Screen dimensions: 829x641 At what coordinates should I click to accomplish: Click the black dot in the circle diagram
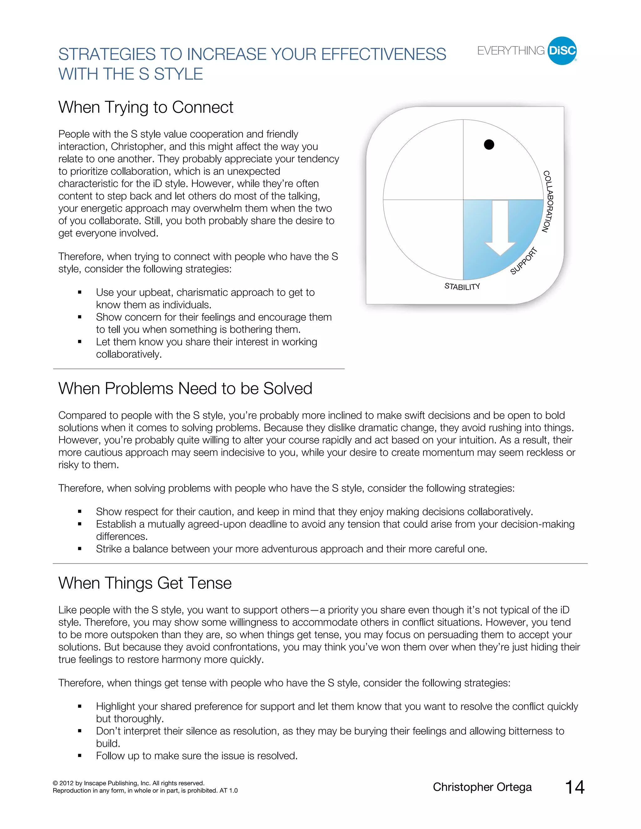tap(489, 145)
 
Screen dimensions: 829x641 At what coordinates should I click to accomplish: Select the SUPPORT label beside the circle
tap(524, 261)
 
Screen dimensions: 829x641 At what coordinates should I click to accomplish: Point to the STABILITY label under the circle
tap(462, 287)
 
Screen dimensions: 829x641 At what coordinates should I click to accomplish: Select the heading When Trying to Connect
tap(146, 107)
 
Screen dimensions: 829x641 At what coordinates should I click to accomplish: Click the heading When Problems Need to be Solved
tap(185, 389)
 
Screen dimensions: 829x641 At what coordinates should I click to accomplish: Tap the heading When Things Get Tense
tap(145, 583)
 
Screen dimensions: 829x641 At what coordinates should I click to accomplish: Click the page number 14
tap(575, 787)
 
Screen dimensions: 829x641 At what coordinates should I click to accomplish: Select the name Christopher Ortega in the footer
tap(482, 787)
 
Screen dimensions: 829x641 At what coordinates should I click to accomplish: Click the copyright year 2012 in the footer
tap(66, 783)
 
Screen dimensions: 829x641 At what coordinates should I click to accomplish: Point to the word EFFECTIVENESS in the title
tap(383, 54)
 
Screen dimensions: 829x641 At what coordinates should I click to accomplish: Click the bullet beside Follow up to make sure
tap(80, 756)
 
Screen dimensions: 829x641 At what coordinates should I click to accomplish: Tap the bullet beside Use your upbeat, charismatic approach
tap(80, 292)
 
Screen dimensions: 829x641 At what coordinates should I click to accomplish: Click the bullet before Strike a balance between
tap(80, 549)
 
